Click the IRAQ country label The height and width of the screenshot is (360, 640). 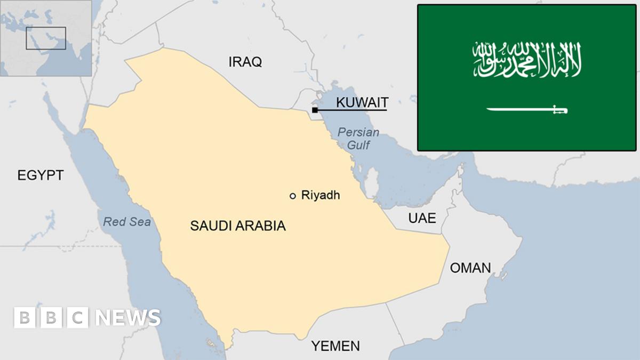pyautogui.click(x=245, y=62)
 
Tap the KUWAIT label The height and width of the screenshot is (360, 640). pyautogui.click(x=362, y=102)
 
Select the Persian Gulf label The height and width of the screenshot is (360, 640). pyautogui.click(x=358, y=138)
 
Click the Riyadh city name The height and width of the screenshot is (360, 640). pyautogui.click(x=321, y=195)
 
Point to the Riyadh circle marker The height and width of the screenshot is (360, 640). pyautogui.click(x=292, y=196)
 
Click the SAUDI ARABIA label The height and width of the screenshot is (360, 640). pyautogui.click(x=238, y=226)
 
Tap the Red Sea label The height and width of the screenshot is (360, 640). pyautogui.click(x=127, y=222)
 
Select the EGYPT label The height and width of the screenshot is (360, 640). pyautogui.click(x=41, y=175)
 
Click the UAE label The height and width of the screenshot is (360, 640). pyautogui.click(x=422, y=218)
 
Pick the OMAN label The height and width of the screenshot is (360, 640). pyautogui.click(x=470, y=268)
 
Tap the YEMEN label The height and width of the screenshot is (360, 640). pyautogui.click(x=336, y=346)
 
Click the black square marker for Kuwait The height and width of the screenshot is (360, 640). pyautogui.click(x=315, y=110)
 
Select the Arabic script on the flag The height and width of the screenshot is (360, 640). pyautogui.click(x=526, y=60)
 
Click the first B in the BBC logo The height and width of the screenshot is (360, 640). pyautogui.click(x=24, y=318)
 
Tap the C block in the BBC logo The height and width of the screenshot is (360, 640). pyautogui.click(x=78, y=318)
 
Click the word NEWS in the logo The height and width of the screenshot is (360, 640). pyautogui.click(x=128, y=318)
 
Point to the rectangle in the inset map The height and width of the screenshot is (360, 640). pyautogui.click(x=46, y=38)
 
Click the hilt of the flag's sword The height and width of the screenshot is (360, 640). pyautogui.click(x=560, y=110)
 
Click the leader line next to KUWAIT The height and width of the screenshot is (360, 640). pyautogui.click(x=352, y=110)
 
